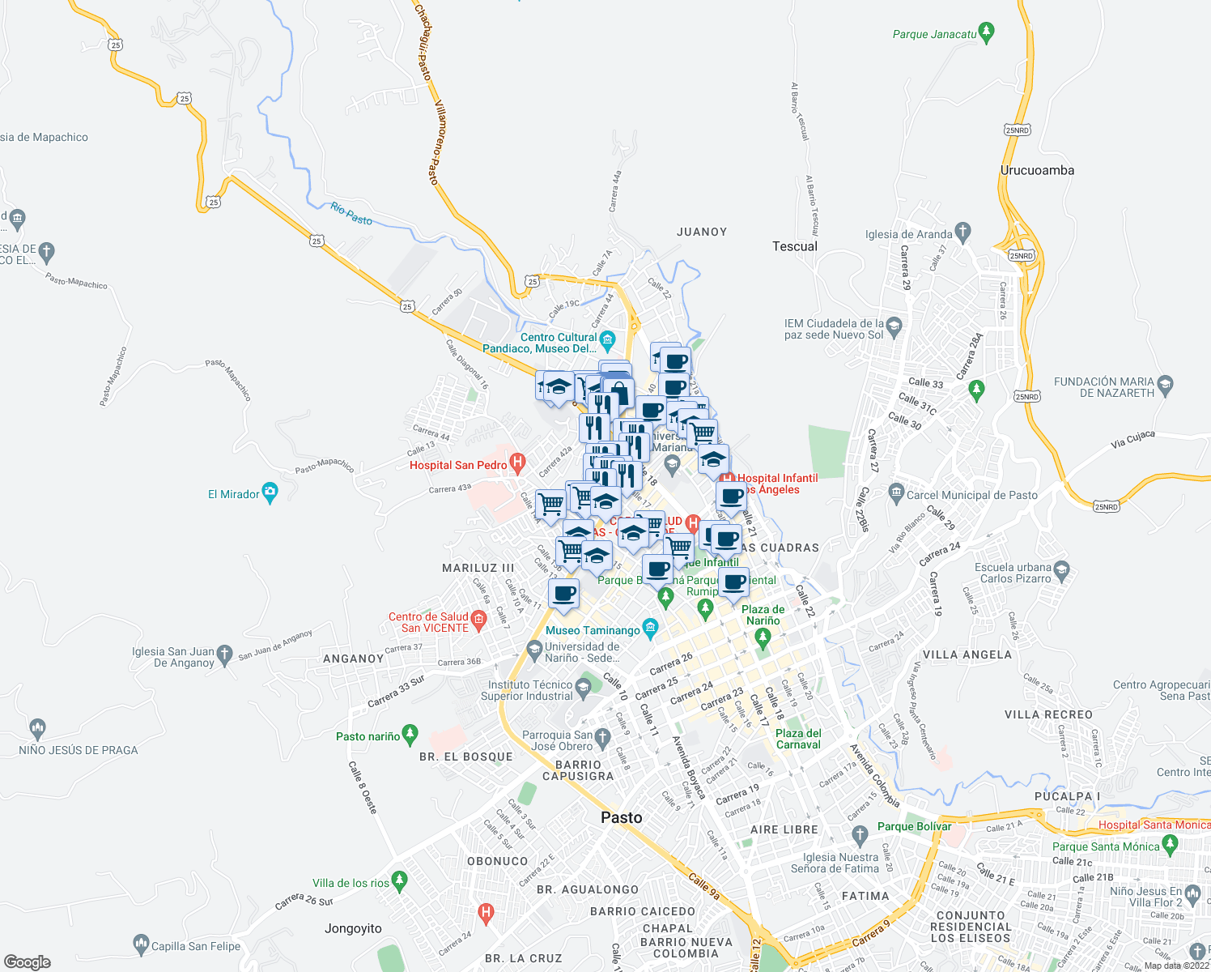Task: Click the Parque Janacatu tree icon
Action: (985, 32)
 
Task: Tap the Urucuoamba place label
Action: (1037, 170)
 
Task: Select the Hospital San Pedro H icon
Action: (518, 463)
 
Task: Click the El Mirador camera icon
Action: (270, 492)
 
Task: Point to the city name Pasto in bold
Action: (621, 817)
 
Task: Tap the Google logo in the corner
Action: (28, 961)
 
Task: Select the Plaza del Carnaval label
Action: (798, 739)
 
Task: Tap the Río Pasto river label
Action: (351, 214)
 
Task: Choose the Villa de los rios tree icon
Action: (399, 880)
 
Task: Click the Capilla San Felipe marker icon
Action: (140, 944)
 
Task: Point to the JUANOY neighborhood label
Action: (702, 232)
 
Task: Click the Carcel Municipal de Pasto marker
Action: (895, 492)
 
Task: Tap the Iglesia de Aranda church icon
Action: (962, 232)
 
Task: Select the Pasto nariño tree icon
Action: (410, 734)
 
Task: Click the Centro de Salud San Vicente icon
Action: (478, 620)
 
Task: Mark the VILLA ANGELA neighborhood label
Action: (967, 654)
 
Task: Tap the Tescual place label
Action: (794, 246)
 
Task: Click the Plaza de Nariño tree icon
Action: (762, 638)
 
